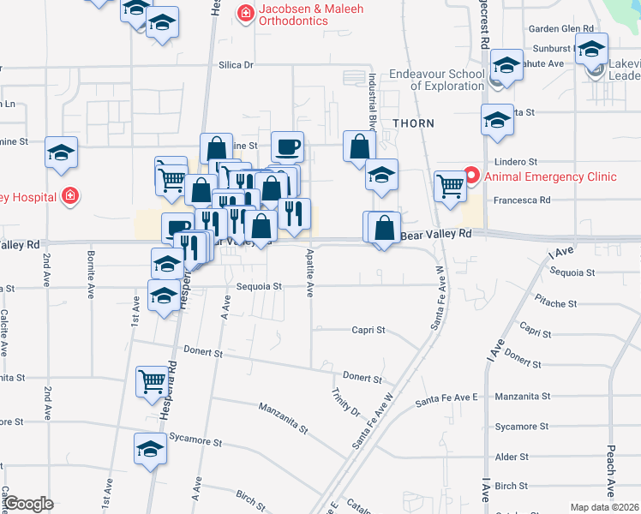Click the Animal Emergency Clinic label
tap(550, 177)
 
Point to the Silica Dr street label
tap(237, 64)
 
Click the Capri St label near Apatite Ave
tap(368, 330)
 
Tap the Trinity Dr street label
tap(345, 403)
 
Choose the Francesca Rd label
tap(521, 200)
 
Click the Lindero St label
tap(515, 161)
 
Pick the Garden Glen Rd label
tap(561, 28)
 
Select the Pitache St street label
tap(555, 303)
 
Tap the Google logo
tap(28, 504)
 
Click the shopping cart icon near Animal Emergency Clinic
tap(450, 183)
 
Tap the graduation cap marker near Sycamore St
tap(150, 448)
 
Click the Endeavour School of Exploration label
tap(437, 80)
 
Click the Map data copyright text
tap(604, 507)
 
